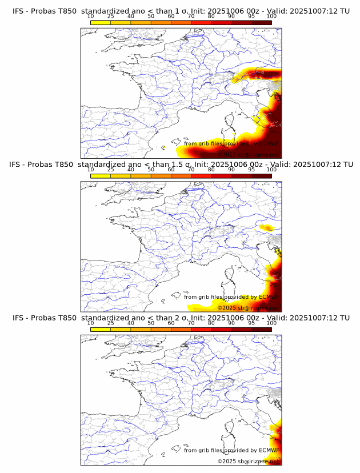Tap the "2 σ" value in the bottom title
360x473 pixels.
pos(182,318)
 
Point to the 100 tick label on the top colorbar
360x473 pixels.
pos(271,16)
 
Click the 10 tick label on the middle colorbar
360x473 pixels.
pos(90,170)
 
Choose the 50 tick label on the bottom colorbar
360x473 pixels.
pos(151,323)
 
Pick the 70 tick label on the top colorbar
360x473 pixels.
pos(191,16)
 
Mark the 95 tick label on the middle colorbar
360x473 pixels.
pos(251,170)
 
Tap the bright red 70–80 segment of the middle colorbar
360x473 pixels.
pos(201,175)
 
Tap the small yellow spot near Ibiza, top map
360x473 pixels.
pos(163,147)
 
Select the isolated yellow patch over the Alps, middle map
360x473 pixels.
pos(266,227)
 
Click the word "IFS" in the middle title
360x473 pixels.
pos(18,165)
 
